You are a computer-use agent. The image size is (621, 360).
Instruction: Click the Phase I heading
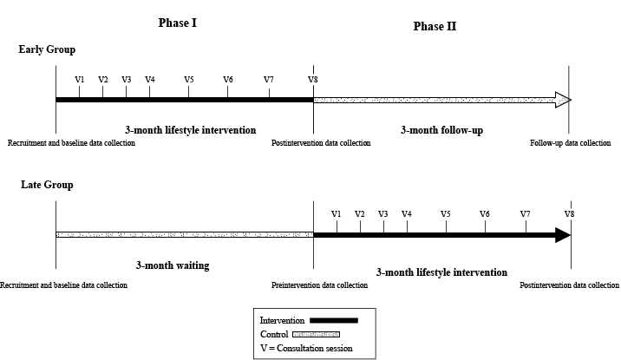click(178, 23)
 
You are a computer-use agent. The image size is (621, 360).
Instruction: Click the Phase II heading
click(435, 26)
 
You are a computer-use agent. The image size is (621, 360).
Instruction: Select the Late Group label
click(42, 185)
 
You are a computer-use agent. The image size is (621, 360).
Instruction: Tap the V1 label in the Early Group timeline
click(80, 80)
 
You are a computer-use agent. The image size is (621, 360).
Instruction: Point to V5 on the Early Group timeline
click(189, 80)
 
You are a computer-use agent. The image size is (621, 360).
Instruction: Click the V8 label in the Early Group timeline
click(312, 80)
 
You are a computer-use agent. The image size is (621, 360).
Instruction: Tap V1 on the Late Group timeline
click(337, 214)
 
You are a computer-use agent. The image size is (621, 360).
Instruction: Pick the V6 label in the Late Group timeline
click(484, 214)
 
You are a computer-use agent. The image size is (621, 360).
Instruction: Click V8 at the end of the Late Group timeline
click(569, 214)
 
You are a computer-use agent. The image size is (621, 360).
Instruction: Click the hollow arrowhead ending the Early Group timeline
click(563, 100)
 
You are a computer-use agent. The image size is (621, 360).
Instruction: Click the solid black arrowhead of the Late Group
click(562, 235)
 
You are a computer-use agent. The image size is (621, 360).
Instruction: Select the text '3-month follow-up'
click(442, 130)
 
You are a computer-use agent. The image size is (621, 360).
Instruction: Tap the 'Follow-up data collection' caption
click(570, 143)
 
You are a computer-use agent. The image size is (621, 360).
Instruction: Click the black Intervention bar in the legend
click(333, 320)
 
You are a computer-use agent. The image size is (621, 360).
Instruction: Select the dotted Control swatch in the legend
click(316, 334)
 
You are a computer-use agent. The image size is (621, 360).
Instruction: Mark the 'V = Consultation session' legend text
click(306, 349)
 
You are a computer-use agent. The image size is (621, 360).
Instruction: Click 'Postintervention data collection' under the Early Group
click(321, 143)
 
